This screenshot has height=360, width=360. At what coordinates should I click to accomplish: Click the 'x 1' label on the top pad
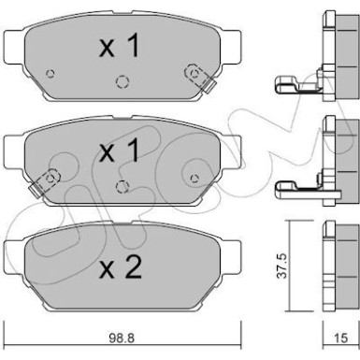click(121, 48)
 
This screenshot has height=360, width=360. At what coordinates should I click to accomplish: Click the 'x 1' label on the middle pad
click(121, 153)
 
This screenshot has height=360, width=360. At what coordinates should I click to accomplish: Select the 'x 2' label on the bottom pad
click(121, 269)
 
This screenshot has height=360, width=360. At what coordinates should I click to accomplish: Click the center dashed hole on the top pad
click(121, 80)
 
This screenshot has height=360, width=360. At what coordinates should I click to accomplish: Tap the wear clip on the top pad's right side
click(195, 71)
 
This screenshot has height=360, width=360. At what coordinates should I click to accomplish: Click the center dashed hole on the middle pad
click(121, 185)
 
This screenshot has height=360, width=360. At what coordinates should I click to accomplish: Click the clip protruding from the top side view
click(296, 89)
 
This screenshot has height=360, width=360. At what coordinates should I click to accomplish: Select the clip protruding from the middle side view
click(296, 192)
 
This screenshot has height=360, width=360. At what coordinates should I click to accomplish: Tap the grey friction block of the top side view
click(340, 56)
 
